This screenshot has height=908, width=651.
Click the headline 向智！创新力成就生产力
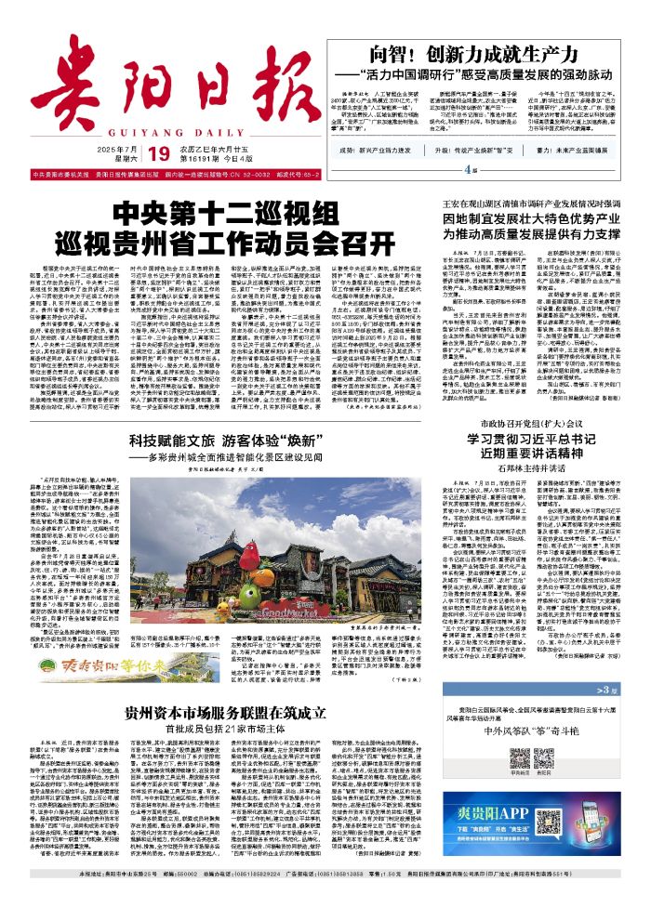click(x=485, y=52)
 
